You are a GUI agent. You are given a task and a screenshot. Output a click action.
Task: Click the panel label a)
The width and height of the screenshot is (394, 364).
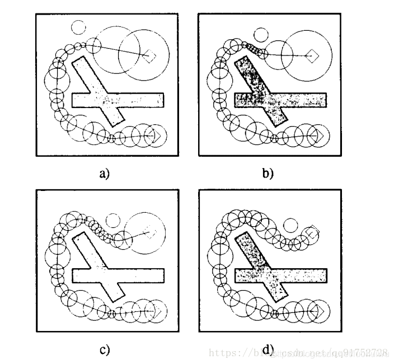click(105, 173)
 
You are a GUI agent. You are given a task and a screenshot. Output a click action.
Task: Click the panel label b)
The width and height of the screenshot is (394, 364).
click(268, 173)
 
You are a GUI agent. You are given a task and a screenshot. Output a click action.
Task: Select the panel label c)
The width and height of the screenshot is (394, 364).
click(104, 350)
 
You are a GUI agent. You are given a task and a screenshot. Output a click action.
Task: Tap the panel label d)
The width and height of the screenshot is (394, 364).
click(268, 351)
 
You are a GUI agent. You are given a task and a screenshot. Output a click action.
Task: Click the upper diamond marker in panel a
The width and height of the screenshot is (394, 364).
click(149, 55)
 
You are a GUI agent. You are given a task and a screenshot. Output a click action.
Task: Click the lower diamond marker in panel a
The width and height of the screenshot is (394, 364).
click(156, 136)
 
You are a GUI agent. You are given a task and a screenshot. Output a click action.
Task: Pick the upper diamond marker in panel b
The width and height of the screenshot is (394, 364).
click(314, 55)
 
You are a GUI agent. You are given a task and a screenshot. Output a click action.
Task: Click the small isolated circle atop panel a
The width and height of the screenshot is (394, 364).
click(78, 26)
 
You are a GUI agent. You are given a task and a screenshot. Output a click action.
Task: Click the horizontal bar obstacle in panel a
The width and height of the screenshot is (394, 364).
click(140, 100)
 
